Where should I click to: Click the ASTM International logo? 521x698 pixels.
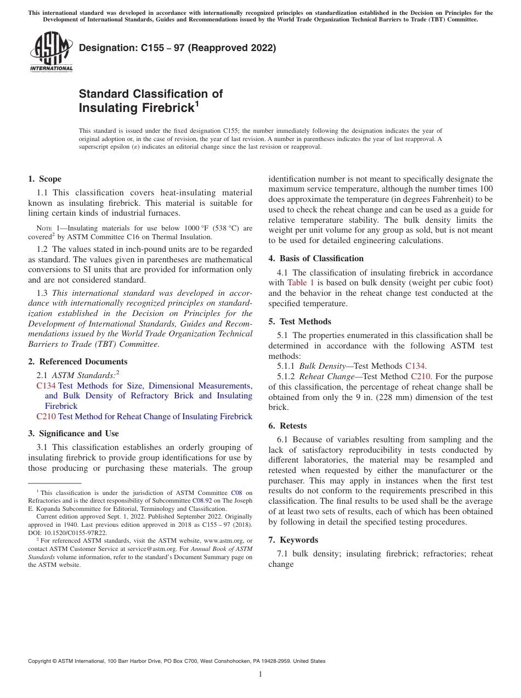(x=50, y=52)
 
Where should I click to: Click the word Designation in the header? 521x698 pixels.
(x=105, y=48)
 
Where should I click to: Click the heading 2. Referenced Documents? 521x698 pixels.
(x=77, y=362)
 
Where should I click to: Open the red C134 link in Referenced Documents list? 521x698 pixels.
(x=46, y=386)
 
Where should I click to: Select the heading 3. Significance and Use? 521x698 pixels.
(x=73, y=434)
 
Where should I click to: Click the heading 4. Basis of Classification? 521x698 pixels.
(x=316, y=258)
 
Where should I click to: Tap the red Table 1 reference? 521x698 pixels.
(x=301, y=283)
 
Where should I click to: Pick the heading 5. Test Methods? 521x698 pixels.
(x=299, y=322)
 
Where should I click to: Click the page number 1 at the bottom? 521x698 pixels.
(x=260, y=674)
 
